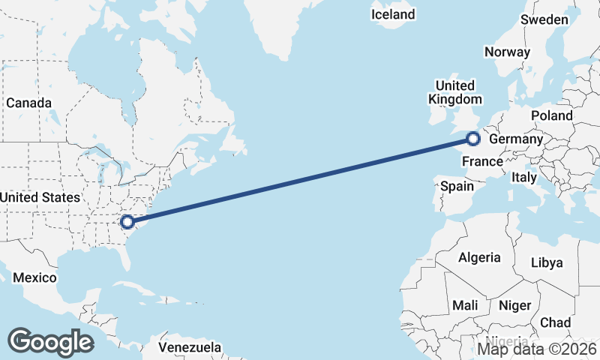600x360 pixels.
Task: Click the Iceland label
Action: tap(393, 14)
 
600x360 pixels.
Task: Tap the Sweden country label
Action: tap(544, 19)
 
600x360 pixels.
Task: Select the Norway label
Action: tap(507, 52)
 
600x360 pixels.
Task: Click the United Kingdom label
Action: tap(454, 92)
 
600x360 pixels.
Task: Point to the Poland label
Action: tap(551, 115)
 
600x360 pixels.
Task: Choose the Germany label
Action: tap(515, 139)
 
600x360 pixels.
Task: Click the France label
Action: tap(482, 161)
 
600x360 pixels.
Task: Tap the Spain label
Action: tap(457, 185)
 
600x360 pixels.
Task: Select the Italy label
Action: tap(523, 178)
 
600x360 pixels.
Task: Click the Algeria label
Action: tap(479, 257)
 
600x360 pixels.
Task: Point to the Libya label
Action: tap(546, 262)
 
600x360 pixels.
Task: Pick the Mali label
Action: tap(465, 305)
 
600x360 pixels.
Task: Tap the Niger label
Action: tap(514, 305)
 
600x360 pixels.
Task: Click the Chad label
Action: tap(555, 322)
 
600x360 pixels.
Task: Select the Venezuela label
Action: tap(190, 347)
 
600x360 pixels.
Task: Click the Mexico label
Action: tap(34, 277)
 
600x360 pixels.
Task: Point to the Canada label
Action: tap(28, 103)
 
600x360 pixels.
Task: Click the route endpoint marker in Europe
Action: tap(473, 138)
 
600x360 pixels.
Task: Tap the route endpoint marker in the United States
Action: tap(127, 221)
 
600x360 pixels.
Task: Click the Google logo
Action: tap(50, 341)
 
